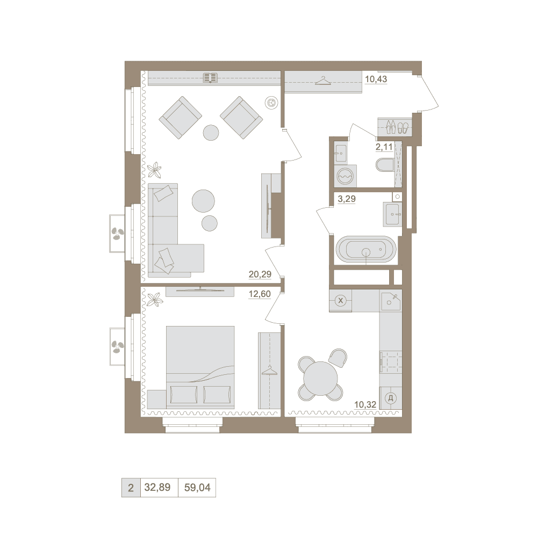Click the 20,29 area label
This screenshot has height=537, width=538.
pyautogui.click(x=260, y=274)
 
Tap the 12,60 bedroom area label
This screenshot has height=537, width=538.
pyautogui.click(x=260, y=294)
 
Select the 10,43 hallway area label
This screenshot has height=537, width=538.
pyautogui.click(x=376, y=79)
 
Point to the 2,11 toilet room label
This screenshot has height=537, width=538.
pyautogui.click(x=384, y=147)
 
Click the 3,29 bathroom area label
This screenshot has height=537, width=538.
pyautogui.click(x=347, y=199)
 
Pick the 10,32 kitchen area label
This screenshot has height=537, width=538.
pyautogui.click(x=365, y=405)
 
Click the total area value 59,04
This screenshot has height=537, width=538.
pyautogui.click(x=197, y=487)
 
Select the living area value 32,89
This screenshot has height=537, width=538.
pyautogui.click(x=157, y=487)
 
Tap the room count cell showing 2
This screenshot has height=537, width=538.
pyautogui.click(x=131, y=488)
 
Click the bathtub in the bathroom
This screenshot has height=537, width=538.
pyautogui.click(x=366, y=249)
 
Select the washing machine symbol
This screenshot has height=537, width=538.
pyautogui.click(x=345, y=176)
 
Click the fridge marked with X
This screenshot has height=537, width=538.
pyautogui.click(x=340, y=301)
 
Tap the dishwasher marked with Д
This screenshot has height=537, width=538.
pyautogui.click(x=390, y=398)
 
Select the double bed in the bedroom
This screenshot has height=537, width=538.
pyautogui.click(x=200, y=367)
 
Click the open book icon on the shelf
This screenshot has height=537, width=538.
pyautogui.click(x=210, y=78)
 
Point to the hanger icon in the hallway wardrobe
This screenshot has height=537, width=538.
pyautogui.click(x=322, y=81)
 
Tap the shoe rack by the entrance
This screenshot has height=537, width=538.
pyautogui.click(x=394, y=127)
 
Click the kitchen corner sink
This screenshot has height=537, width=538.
pyautogui.click(x=390, y=301)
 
